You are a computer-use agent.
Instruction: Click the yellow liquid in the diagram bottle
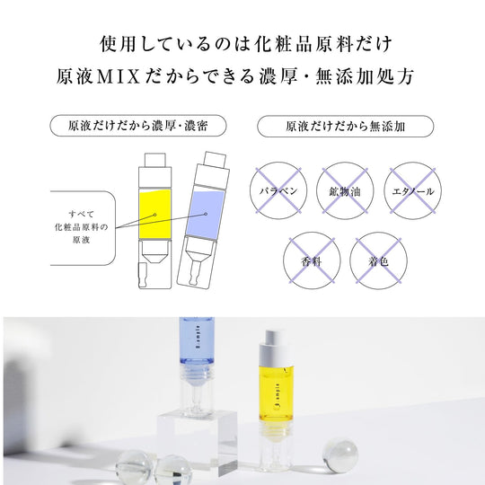154,214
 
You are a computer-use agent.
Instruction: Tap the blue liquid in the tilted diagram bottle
205,215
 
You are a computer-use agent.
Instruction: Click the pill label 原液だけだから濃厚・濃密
138,126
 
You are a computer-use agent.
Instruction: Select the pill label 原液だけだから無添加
346,127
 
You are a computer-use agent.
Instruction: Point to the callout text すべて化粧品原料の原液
82,226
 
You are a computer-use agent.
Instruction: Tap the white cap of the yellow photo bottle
275,347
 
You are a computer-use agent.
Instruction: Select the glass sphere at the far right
340,455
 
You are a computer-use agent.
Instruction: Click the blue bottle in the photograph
197,365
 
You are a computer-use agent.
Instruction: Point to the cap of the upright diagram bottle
155,160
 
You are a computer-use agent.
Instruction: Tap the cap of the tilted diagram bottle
215,160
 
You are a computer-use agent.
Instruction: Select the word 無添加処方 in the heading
365,76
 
